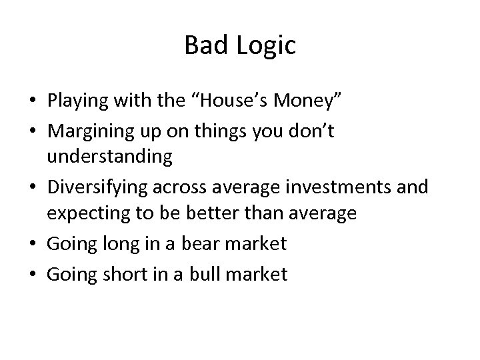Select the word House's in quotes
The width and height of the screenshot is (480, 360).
coord(234,101)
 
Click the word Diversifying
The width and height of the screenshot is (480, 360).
coord(93,189)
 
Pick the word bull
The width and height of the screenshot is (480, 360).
coord(203,273)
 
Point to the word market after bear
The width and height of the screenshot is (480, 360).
coord(255,244)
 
